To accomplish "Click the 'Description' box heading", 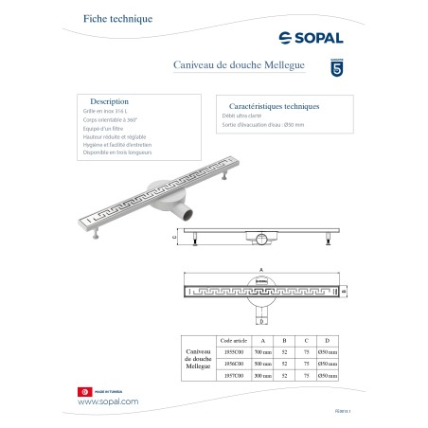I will coord(109,100).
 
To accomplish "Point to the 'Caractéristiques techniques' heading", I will coord(269,107).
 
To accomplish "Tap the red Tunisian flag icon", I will coord(83,391).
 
